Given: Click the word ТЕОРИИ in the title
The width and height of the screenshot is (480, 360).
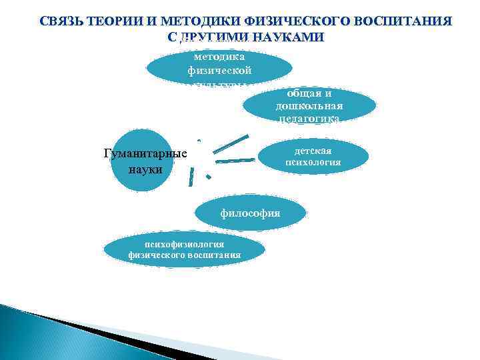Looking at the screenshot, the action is click(x=113, y=21).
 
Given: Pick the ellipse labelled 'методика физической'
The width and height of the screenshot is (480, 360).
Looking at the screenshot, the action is click(x=218, y=67).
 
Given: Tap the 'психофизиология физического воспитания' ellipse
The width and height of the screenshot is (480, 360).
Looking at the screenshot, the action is click(x=184, y=249).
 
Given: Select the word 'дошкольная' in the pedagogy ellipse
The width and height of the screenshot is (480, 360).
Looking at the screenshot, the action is click(x=307, y=106).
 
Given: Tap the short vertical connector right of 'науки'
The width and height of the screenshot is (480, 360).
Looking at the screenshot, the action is click(x=191, y=176).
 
